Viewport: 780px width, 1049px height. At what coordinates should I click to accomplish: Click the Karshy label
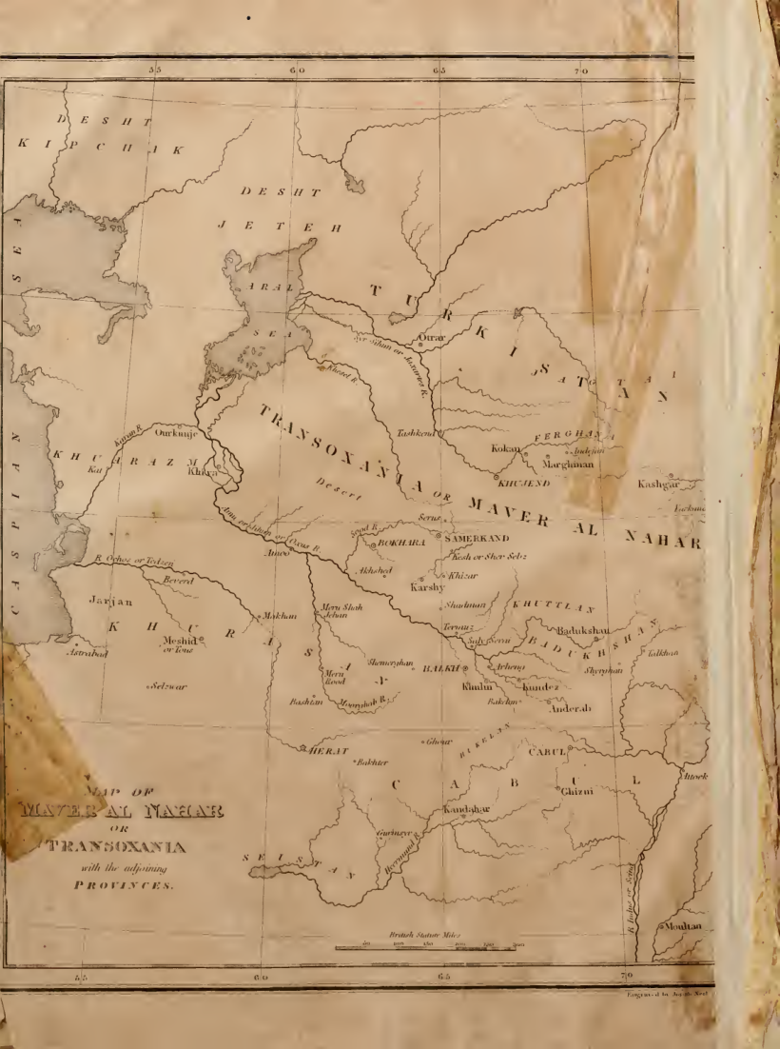pyautogui.click(x=426, y=587)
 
